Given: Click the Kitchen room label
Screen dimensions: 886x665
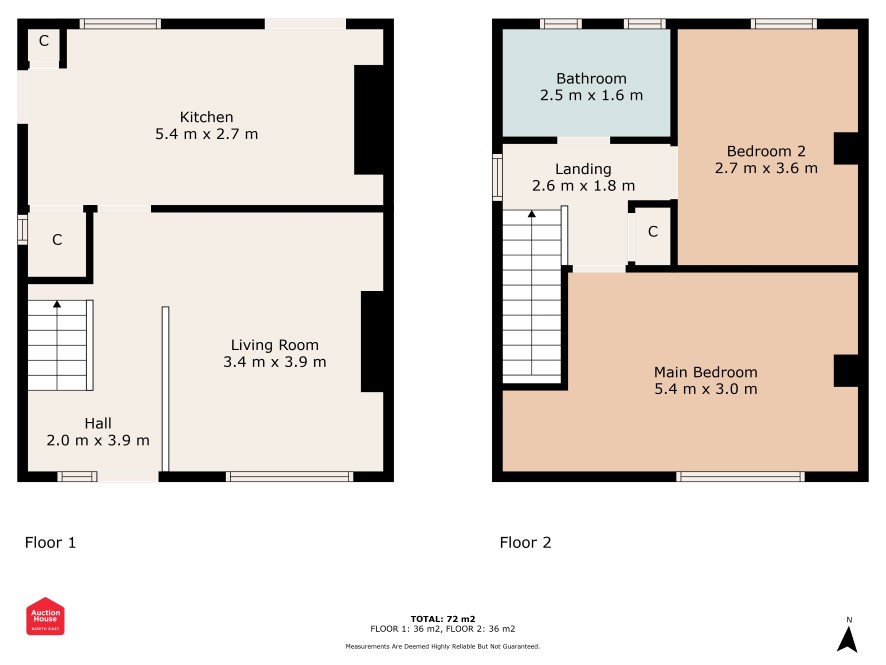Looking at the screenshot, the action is coord(206,117).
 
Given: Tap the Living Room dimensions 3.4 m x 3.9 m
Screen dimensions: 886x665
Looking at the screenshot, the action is coord(275,362).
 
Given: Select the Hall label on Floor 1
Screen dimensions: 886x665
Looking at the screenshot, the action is coord(98,423).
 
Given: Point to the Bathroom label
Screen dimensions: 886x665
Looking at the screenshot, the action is coord(591,79).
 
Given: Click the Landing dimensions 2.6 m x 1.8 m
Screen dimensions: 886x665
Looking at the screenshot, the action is coord(583,185).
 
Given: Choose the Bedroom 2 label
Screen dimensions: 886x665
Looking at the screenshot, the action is coord(766,151).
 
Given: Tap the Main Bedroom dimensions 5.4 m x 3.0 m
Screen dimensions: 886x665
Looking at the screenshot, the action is coord(706,389).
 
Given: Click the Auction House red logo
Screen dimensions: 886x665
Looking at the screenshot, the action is coord(45,616).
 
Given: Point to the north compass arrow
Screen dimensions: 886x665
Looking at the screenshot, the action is coord(847,640).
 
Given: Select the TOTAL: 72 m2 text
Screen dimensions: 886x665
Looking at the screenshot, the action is coord(443,619).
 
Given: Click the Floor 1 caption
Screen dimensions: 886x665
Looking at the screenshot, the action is coord(50,542).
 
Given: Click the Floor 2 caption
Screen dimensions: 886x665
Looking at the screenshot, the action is coord(525,542).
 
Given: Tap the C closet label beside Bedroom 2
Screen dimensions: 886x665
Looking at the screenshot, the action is coord(653,231).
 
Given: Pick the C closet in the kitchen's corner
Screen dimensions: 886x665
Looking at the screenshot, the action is coord(44,41).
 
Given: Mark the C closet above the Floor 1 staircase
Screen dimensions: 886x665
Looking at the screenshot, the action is coord(57,240).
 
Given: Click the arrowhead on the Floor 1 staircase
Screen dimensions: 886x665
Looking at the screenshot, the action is coord(57,304).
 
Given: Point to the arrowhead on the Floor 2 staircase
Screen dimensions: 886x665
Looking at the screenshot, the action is coord(532,214).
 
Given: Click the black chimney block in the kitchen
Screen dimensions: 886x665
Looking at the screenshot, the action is coord(369,120).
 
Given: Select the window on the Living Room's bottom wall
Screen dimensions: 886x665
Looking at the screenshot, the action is coord(289,476).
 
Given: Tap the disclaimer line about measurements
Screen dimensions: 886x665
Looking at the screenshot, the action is coord(443,646).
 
